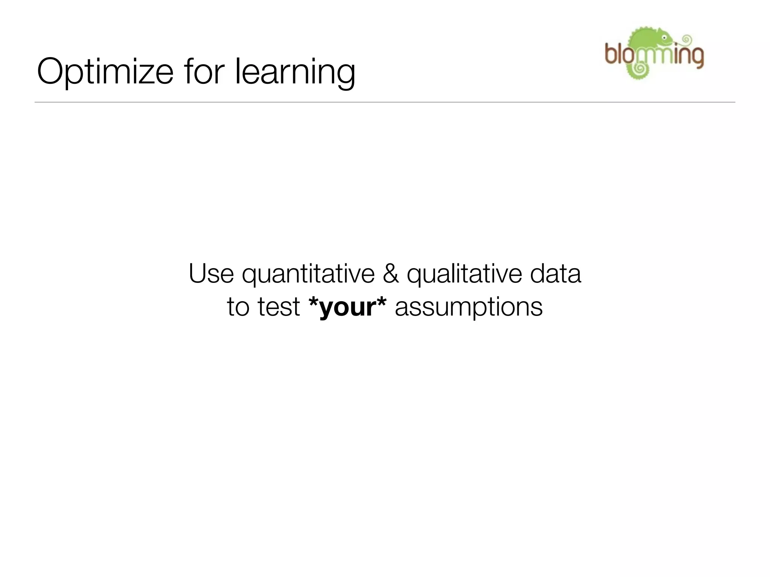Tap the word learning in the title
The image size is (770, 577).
(x=295, y=73)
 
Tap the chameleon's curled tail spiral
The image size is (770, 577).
(x=638, y=69)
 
